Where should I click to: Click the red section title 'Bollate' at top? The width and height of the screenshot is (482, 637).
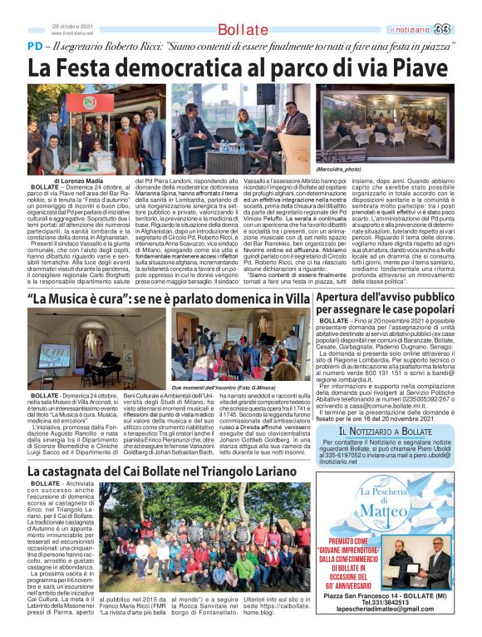(243, 30)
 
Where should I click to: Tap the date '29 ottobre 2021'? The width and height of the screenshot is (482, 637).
(71, 26)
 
